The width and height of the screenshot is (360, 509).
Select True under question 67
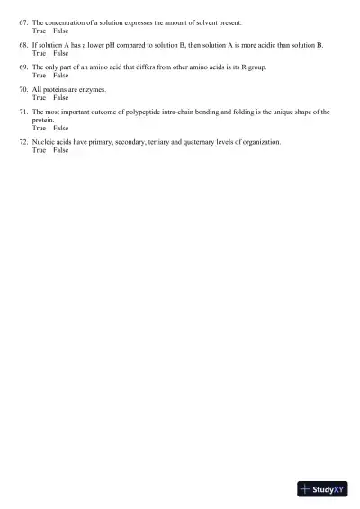click(39, 30)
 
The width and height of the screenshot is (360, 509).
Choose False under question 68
click(60, 53)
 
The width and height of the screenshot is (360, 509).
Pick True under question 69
click(39, 76)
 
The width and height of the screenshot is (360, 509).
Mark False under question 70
click(60, 98)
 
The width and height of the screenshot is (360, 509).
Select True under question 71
click(39, 128)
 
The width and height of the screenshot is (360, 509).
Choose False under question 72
click(60, 150)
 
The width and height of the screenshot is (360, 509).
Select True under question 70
click(39, 98)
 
